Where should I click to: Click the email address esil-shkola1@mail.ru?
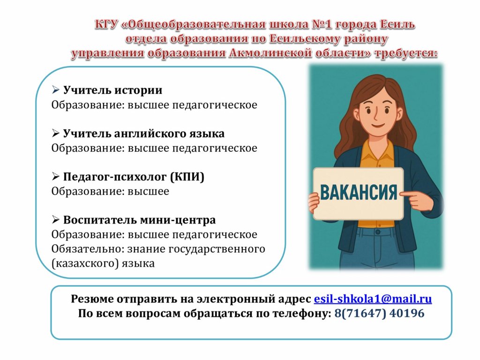point(373,299)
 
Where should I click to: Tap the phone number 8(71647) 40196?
point(379,313)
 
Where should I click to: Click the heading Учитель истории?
point(112,90)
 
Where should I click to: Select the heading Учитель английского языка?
point(143,134)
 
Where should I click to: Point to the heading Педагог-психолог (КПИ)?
point(134,177)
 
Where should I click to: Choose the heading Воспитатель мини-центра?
point(139,220)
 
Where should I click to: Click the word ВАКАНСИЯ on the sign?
point(358,192)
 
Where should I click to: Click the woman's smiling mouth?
point(377,125)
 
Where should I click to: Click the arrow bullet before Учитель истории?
point(55,90)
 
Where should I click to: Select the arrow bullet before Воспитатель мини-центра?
point(55,219)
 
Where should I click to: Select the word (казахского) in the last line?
point(85,263)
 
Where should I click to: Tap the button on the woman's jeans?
point(378,232)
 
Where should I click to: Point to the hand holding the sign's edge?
point(313,202)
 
